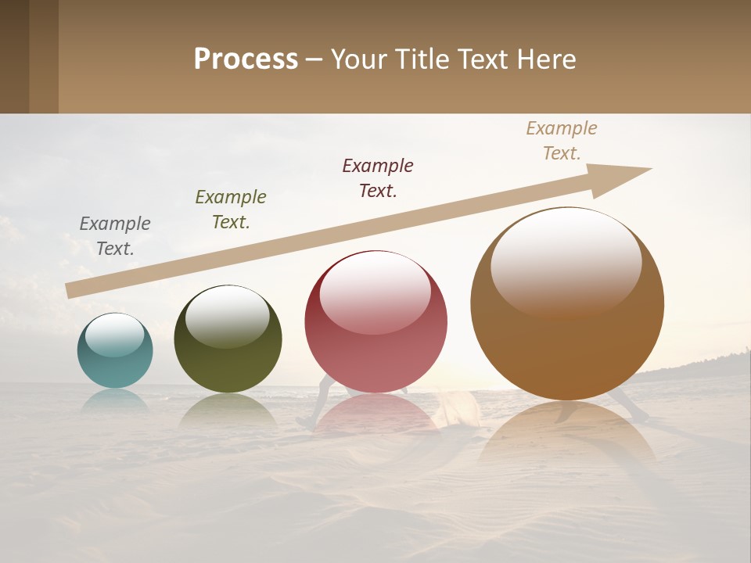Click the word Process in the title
click(246, 59)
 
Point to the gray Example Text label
click(115, 236)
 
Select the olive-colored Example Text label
click(231, 210)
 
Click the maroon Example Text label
click(378, 178)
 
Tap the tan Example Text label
click(562, 140)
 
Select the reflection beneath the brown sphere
click(567, 438)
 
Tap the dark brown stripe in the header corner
click(14, 56)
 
